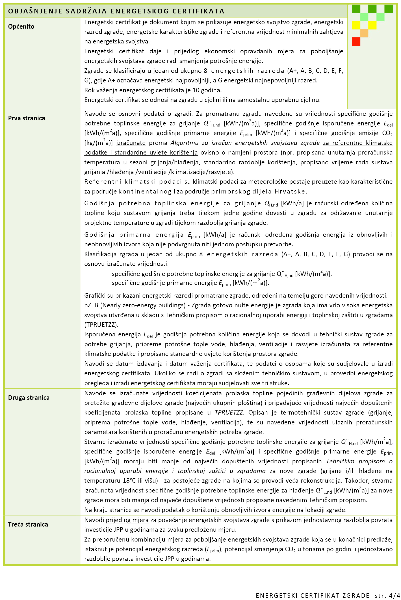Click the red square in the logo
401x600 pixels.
point(356,41)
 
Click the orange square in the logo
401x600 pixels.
point(364,33)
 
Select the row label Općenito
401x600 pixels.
point(21,27)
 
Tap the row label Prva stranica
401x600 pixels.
point(26,118)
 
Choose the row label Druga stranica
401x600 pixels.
point(29,398)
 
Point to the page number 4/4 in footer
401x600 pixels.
point(394,595)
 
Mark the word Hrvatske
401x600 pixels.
point(291,191)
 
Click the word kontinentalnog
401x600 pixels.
point(145,191)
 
